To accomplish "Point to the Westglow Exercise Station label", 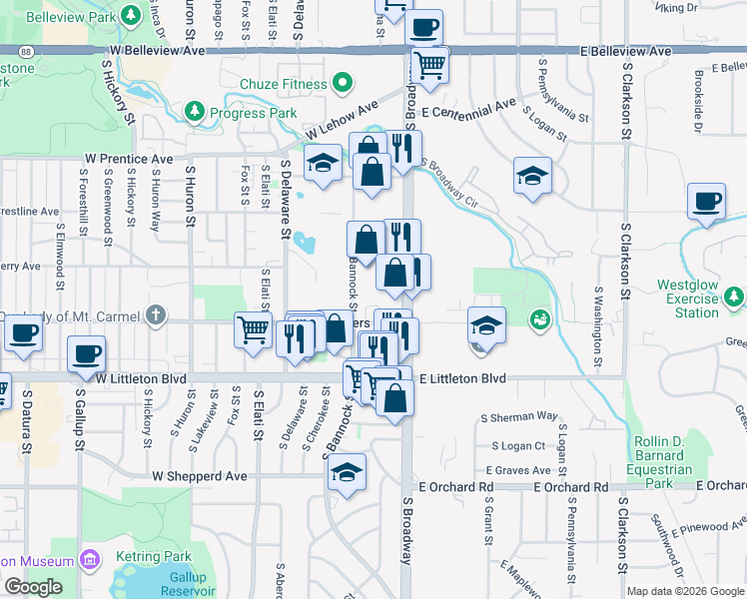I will click(x=687, y=299).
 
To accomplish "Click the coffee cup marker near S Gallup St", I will click(x=86, y=352).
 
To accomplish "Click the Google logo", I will click(x=33, y=587).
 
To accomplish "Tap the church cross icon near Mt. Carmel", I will click(x=155, y=316).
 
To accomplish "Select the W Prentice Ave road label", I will click(x=129, y=159).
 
